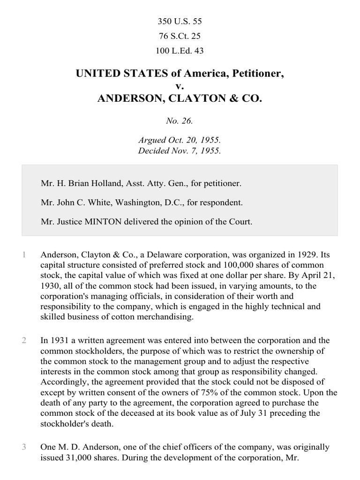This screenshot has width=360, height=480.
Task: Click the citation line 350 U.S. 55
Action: pyautogui.click(x=180, y=22)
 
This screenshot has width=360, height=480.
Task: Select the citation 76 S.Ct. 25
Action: pyautogui.click(x=180, y=36)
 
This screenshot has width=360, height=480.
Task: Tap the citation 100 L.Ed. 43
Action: pyautogui.click(x=180, y=51)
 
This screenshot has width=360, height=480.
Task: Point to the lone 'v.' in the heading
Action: pyautogui.click(x=180, y=86)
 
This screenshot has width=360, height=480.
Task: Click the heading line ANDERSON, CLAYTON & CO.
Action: pyautogui.click(x=180, y=99)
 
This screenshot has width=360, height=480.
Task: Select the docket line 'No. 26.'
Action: pyautogui.click(x=180, y=121)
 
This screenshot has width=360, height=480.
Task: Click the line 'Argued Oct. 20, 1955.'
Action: pyautogui.click(x=180, y=140)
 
